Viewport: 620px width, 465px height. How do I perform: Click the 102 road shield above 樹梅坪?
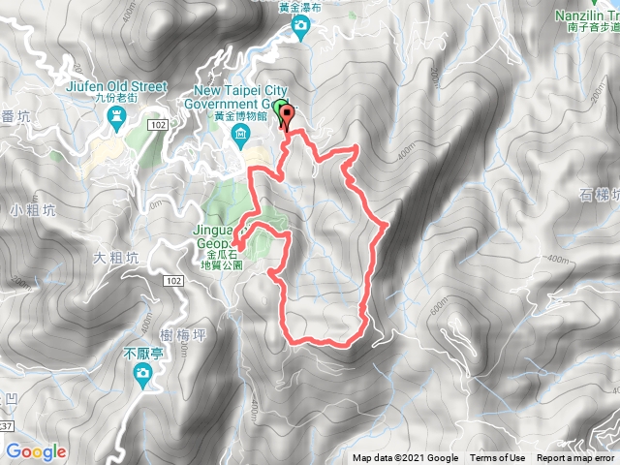pos(172,281)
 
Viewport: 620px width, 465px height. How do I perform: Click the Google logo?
pos(36,451)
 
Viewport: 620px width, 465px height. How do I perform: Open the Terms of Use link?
pos(498,458)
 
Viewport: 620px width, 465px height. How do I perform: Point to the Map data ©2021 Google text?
pos(405,458)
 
